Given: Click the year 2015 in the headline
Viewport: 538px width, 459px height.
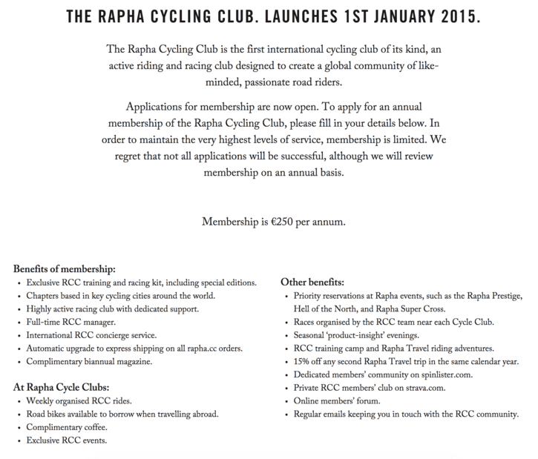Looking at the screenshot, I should (x=458, y=16).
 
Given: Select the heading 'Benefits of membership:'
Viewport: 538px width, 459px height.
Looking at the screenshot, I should (x=65, y=269).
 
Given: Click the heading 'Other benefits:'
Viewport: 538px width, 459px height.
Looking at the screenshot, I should (x=312, y=282).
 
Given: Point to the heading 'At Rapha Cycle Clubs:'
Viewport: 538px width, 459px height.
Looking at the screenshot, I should (x=62, y=386).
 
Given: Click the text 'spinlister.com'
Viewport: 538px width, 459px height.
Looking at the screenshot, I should (x=427, y=375).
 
